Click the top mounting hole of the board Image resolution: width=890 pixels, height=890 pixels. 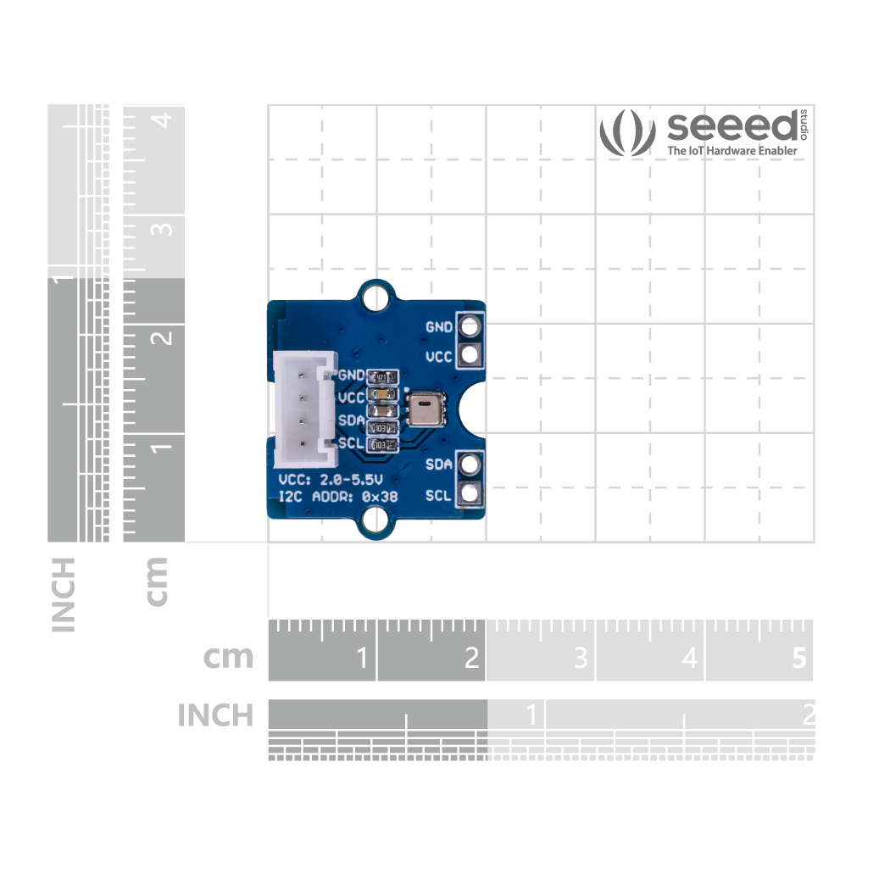[373, 298]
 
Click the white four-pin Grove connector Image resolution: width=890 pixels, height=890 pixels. [300, 408]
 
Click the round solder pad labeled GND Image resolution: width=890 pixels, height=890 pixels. [469, 326]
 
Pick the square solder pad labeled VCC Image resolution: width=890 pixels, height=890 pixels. [469, 356]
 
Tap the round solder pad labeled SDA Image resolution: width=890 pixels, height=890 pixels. [469, 464]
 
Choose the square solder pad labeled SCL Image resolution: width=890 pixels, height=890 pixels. [469, 494]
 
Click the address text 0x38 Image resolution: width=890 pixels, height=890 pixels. [380, 497]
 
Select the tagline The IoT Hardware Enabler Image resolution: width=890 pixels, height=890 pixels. [731, 151]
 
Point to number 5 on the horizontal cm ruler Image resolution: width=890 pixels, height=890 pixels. [798, 658]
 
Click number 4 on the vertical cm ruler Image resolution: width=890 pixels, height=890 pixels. [166, 120]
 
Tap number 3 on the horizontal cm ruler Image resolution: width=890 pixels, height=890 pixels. [581, 658]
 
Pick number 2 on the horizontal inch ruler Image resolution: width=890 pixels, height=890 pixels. [808, 714]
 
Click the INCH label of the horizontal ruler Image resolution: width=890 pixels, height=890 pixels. [215, 715]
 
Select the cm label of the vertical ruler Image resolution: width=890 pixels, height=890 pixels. [157, 581]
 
